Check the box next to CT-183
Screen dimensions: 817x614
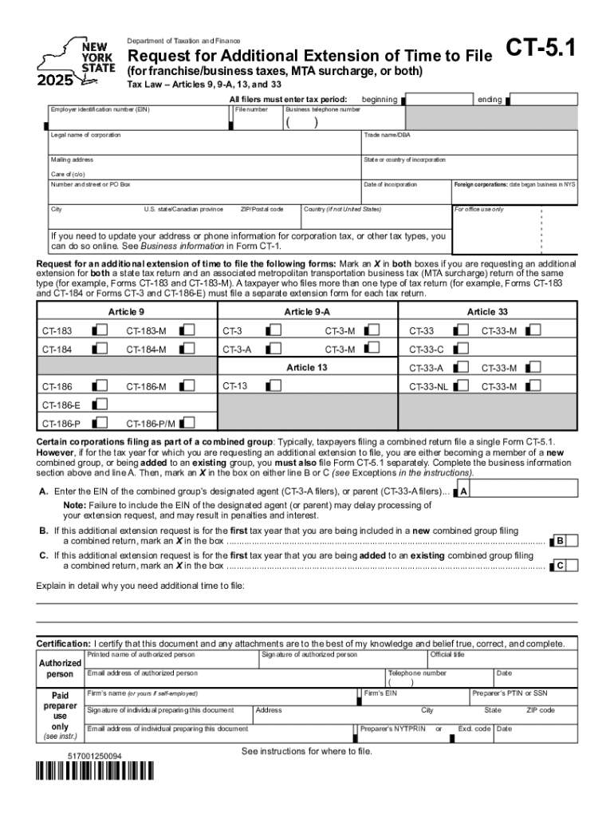(x=99, y=330)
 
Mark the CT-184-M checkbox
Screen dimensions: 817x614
(x=188, y=348)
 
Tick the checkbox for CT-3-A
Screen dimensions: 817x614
(x=274, y=348)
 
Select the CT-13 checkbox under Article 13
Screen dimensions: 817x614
(x=274, y=385)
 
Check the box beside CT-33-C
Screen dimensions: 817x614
(x=461, y=348)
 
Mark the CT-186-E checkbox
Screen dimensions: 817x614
(x=99, y=405)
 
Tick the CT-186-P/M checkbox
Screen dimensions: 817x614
(x=188, y=423)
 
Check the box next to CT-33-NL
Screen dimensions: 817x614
(x=461, y=386)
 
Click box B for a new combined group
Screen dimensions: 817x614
(x=561, y=540)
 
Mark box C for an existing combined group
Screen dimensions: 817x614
(x=561, y=565)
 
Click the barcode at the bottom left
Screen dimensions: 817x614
(x=93, y=793)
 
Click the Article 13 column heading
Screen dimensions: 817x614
(x=306, y=367)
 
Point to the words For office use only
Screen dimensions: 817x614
(x=478, y=209)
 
